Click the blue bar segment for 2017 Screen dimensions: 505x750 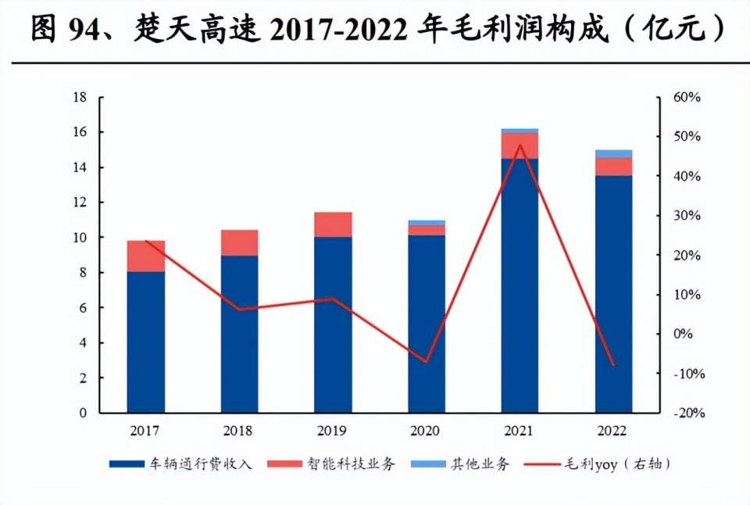(x=146, y=342)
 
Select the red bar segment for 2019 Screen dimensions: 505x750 (x=333, y=225)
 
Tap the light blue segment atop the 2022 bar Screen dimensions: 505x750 (x=613, y=154)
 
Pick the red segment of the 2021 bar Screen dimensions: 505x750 (x=520, y=146)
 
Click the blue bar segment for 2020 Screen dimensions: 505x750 (x=427, y=324)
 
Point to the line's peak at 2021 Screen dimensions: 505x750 (x=520, y=145)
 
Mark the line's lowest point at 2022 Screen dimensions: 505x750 (x=613, y=364)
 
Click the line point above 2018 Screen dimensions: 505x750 (x=240, y=310)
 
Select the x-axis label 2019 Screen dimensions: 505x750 (x=333, y=431)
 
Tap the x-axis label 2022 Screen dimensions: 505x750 (x=613, y=431)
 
